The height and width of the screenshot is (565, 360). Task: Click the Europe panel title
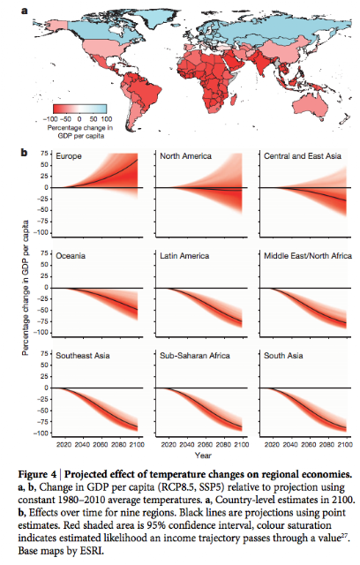69,156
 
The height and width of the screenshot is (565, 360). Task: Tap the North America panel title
185,156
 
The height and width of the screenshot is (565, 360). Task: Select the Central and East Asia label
303,156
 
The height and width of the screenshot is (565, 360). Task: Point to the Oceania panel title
71,256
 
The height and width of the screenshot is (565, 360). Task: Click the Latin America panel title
184,256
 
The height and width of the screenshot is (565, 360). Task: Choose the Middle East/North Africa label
308,256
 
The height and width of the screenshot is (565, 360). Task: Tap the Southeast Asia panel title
82,356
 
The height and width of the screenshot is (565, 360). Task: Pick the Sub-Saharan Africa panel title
195,356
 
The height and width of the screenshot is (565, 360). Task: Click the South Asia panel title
283,356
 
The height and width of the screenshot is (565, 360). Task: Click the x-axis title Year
203,456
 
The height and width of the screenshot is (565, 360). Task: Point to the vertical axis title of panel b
26,288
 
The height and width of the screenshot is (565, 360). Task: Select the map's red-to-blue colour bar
80,109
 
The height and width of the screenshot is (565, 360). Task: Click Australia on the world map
310,106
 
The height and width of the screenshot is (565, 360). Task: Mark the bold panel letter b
24,153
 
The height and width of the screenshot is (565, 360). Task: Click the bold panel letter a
25,11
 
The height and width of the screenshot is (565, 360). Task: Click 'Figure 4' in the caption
37,475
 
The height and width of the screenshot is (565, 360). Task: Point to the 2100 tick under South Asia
345,445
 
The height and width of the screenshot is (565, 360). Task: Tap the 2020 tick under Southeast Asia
64,445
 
